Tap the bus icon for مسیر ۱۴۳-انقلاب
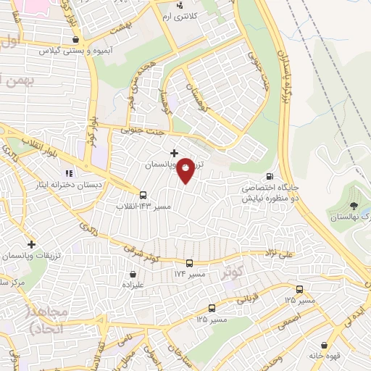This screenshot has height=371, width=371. (x=143, y=194)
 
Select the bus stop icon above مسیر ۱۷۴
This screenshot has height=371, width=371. (x=189, y=263)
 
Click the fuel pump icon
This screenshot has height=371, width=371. (x=270, y=175)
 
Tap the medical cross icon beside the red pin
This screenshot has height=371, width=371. (x=174, y=153)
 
